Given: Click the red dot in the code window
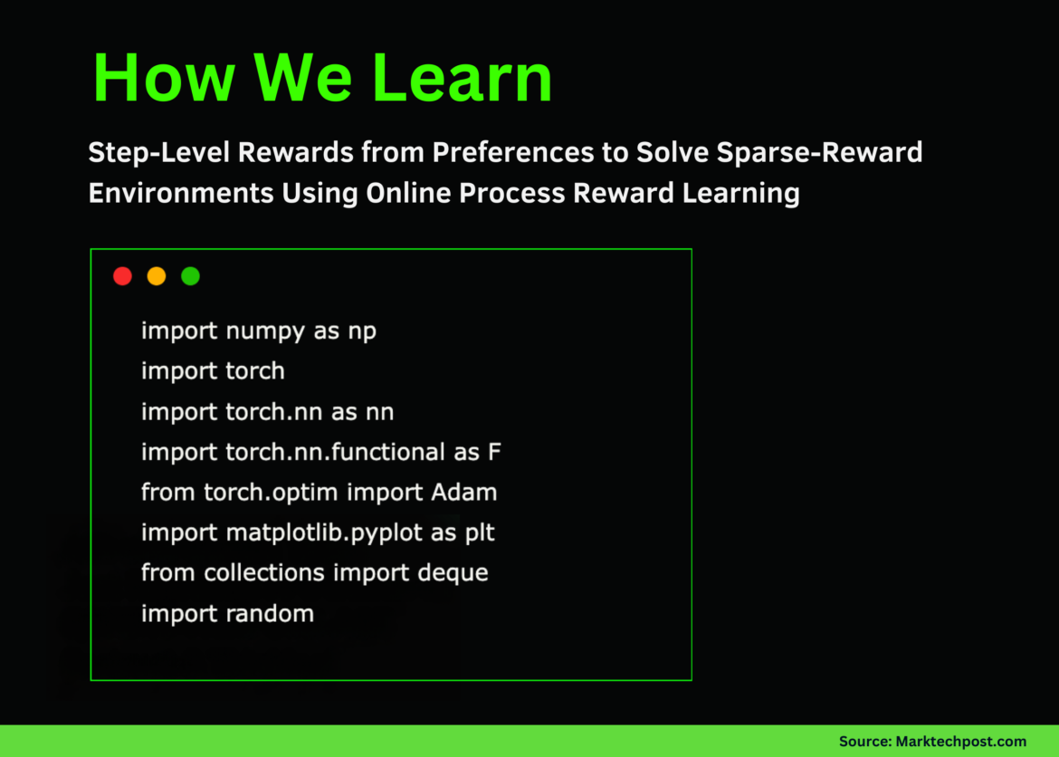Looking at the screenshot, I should tap(122, 276).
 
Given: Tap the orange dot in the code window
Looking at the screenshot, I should tap(157, 276).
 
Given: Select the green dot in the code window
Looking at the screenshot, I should tap(190, 276).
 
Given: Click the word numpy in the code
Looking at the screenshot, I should tap(265, 331).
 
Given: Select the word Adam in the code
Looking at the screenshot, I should tap(464, 493).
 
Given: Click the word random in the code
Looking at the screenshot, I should tap(269, 614).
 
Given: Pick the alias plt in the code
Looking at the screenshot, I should tap(480, 533).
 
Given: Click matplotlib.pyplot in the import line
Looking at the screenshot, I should tap(324, 533).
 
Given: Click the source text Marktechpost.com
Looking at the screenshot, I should tap(961, 742).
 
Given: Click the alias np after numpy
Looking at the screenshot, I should tap(362, 331).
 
